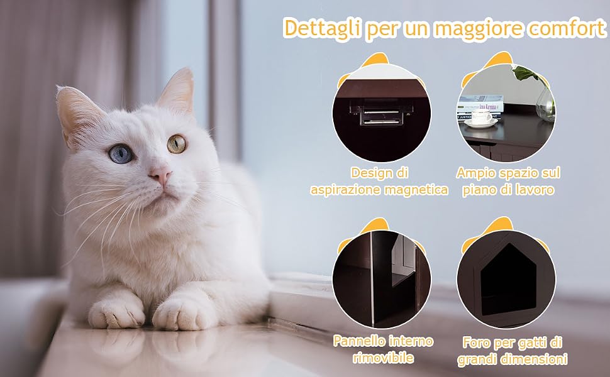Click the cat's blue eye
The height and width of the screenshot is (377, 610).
tap(121, 153)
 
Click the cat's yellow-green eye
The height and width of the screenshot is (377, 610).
tap(177, 144)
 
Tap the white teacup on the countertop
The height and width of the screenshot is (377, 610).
tap(481, 117)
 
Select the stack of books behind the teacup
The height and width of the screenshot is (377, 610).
tap(480, 107)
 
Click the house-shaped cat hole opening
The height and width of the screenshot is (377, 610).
tap(507, 278)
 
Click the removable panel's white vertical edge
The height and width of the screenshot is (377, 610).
tap(372, 278)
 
